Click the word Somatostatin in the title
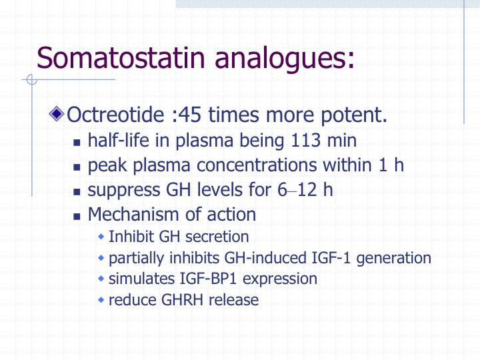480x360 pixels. point(121,57)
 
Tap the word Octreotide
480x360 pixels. point(115,115)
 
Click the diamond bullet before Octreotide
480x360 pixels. point(57,114)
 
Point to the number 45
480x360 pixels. point(189,115)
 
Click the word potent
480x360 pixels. point(354,115)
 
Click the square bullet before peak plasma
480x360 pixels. point(77,167)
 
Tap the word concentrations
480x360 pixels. point(257,165)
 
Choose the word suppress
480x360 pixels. point(124,191)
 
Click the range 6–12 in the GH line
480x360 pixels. point(297,190)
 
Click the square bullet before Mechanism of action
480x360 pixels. point(77,217)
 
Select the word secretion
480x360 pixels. point(217,237)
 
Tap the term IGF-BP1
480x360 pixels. point(208,279)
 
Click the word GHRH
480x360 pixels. point(182,300)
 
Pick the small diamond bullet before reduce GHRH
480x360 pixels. point(101,300)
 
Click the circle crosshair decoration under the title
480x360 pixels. point(32,79)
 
